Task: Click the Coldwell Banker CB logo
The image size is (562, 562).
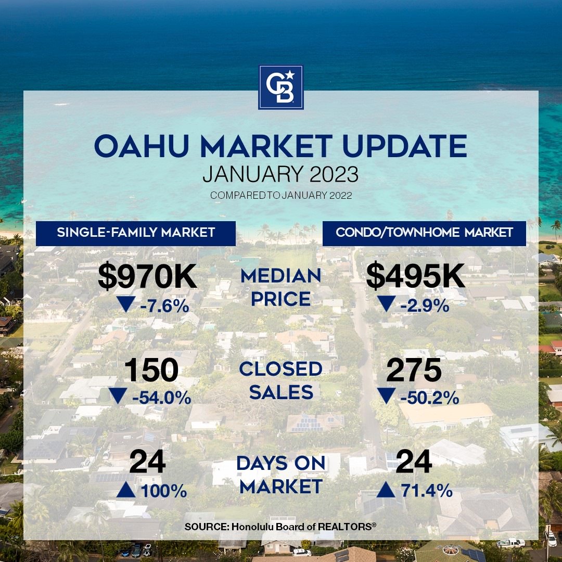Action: click(x=280, y=87)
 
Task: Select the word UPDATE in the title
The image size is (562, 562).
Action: click(x=405, y=146)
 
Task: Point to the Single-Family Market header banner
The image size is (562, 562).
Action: click(x=136, y=233)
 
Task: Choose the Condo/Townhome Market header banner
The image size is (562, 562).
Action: click(x=425, y=233)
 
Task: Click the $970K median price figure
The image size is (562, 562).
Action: click(x=147, y=276)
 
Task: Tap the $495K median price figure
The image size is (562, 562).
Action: click(x=415, y=276)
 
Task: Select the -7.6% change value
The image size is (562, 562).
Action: click(x=164, y=306)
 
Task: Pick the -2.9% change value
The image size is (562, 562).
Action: click(x=425, y=306)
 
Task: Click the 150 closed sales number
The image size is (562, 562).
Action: click(x=151, y=371)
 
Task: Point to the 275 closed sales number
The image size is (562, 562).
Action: click(x=414, y=371)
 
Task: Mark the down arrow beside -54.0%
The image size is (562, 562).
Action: click(x=118, y=396)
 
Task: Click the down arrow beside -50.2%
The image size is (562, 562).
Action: click(x=386, y=396)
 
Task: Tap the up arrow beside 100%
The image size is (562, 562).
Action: click(x=126, y=490)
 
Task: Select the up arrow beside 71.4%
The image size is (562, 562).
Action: click(x=386, y=490)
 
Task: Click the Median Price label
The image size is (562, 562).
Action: click(x=281, y=287)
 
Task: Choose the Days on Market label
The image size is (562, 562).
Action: click(x=281, y=475)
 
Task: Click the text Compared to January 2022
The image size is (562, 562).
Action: click(x=281, y=195)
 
